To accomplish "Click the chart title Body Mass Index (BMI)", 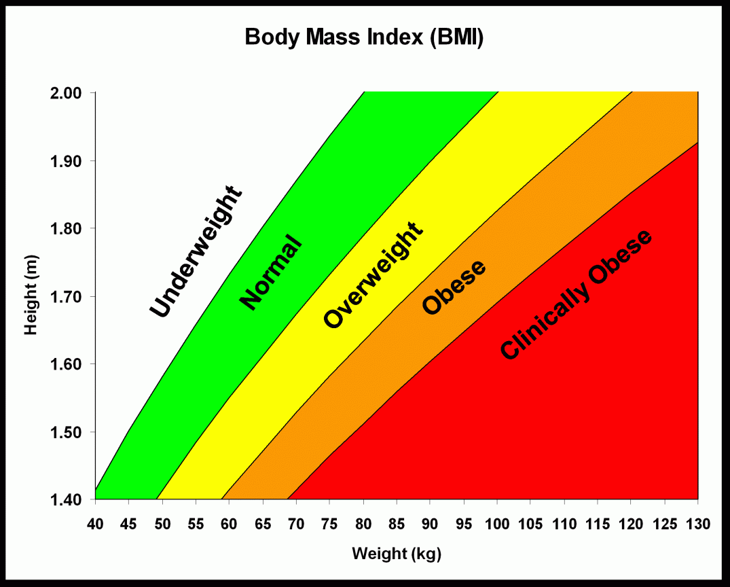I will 364,38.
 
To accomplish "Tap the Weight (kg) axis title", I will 397,554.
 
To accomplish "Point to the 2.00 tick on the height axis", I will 69,93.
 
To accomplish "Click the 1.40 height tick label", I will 69,500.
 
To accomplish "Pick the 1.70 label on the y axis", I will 69,297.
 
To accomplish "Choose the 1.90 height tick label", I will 69,161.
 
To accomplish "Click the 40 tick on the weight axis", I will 95,524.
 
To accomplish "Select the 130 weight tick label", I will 698,524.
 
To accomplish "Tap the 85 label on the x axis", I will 397,524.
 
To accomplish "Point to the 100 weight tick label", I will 497,524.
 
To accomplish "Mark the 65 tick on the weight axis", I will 263,524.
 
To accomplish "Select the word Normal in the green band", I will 270,272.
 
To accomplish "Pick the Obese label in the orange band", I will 454,287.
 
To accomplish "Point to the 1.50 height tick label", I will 69,432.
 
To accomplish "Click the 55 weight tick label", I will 196,524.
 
